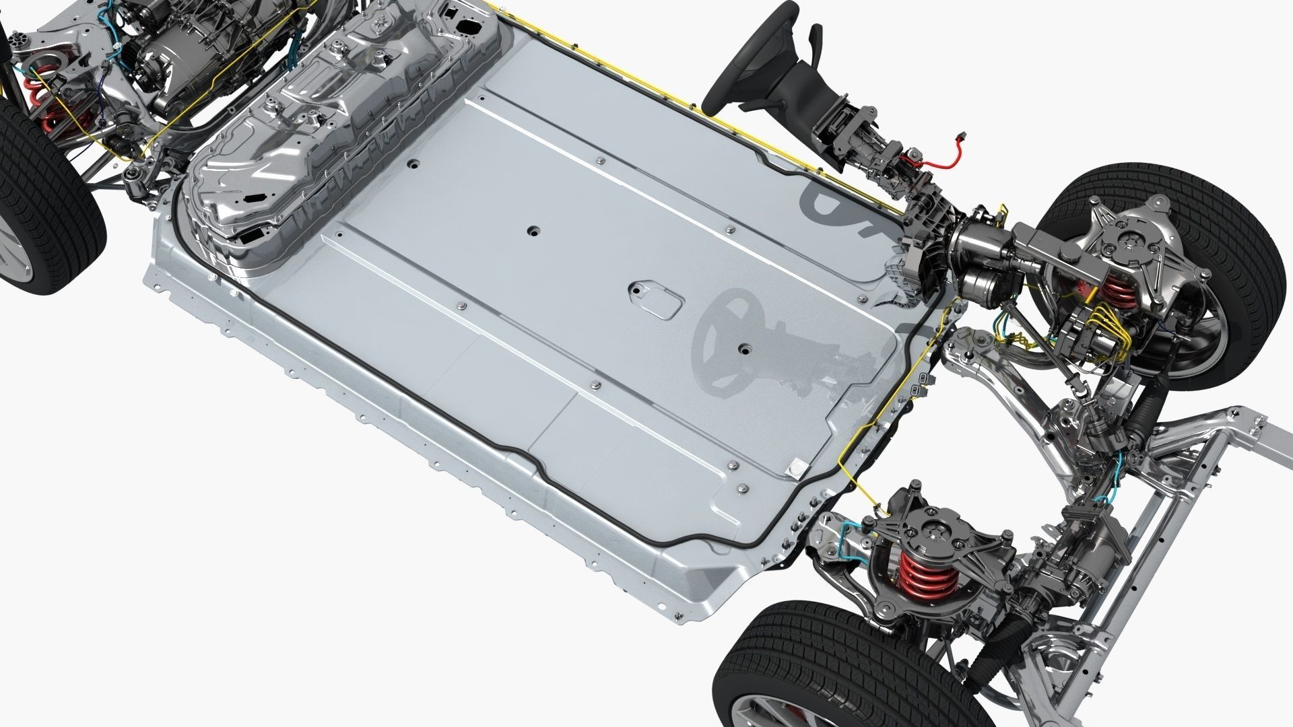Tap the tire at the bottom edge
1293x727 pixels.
pos(774,663)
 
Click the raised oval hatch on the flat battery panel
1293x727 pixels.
pos(653,300)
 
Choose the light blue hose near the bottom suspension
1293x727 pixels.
pos(842,539)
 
